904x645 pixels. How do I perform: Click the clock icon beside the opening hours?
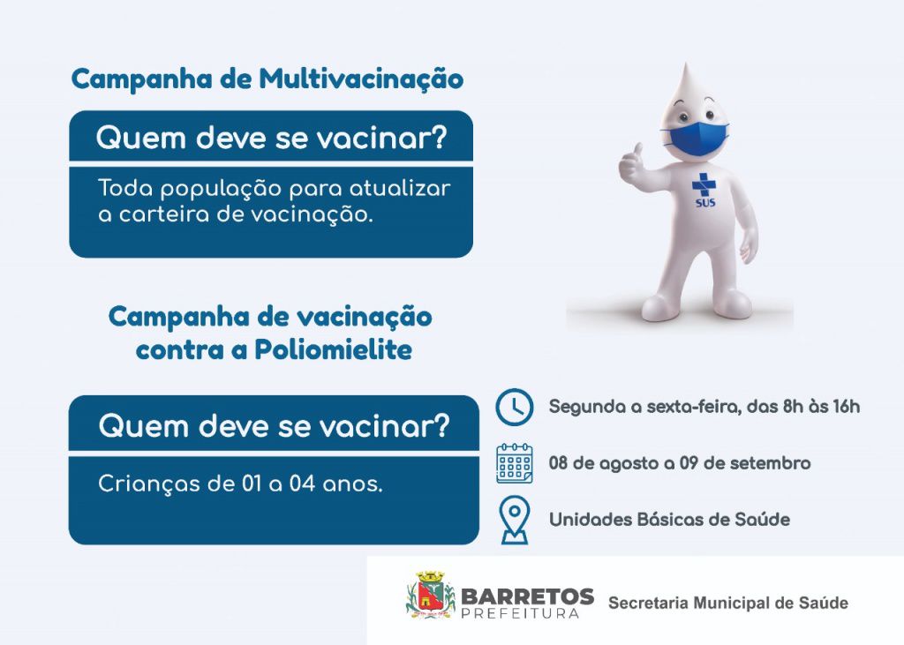[x=514, y=407]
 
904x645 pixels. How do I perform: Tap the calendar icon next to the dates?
[x=514, y=463]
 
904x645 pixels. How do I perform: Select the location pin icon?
[x=514, y=519]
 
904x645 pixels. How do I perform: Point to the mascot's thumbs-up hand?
[x=630, y=163]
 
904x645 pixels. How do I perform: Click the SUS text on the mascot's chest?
[x=704, y=202]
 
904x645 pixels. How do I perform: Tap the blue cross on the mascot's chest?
[x=704, y=185]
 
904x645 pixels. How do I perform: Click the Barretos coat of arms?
[x=430, y=596]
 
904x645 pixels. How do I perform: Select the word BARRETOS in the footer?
[x=527, y=596]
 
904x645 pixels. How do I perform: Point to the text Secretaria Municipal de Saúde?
[x=727, y=604]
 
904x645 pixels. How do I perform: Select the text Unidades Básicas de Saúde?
[x=669, y=520]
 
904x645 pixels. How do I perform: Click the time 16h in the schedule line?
[x=845, y=407]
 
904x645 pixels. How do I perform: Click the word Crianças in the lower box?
[x=139, y=484]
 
